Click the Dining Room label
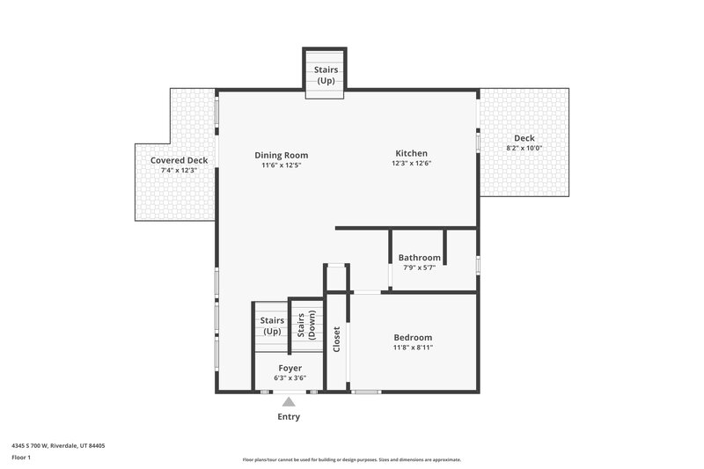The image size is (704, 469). (x=282, y=155)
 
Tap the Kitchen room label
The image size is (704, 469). (x=412, y=151)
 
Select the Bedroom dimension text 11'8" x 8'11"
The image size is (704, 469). (x=413, y=348)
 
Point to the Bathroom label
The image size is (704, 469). (x=419, y=258)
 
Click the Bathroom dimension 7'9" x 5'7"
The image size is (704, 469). (x=419, y=267)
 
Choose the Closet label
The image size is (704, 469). (x=337, y=340)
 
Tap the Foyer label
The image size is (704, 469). (x=290, y=368)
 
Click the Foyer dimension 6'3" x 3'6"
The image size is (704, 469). (x=290, y=377)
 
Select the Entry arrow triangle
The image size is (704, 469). (x=289, y=401)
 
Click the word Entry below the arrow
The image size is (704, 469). (x=289, y=416)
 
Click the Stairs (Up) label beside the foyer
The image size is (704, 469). (x=272, y=326)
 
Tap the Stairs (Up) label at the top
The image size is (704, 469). (x=326, y=76)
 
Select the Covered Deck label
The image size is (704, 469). (x=179, y=160)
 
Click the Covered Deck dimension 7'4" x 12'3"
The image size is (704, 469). (x=179, y=170)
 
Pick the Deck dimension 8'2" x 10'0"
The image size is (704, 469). (x=524, y=148)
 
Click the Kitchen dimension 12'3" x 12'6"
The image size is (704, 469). (x=412, y=162)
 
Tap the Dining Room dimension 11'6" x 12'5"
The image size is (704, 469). (x=282, y=165)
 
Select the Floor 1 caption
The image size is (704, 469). (x=21, y=458)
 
